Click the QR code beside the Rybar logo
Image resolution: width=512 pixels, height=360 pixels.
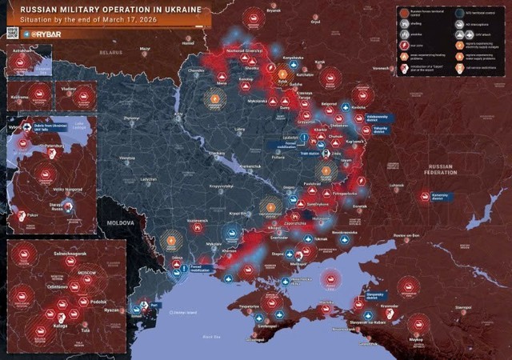point(11,33)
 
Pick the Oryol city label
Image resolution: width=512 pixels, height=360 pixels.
point(315,22)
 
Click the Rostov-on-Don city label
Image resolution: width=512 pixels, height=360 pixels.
point(406,235)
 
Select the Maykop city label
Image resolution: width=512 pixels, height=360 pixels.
point(415,340)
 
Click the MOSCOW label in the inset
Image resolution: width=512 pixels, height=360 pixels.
point(86,274)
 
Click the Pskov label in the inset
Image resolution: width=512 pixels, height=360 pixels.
point(30,215)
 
